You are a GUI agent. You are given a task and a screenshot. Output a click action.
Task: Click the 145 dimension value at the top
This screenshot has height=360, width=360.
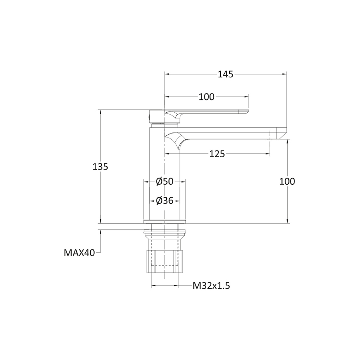(226, 74)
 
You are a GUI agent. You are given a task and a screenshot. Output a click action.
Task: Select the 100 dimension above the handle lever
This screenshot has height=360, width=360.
(206, 97)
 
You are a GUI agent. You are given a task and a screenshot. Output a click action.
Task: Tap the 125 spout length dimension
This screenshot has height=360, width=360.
(217, 154)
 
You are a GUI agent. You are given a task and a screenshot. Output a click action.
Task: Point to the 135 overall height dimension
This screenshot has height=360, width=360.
(100, 167)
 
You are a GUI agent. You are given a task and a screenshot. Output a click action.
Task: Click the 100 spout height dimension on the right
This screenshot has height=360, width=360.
(287, 181)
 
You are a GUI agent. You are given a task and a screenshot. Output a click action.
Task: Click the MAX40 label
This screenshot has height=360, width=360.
(79, 253)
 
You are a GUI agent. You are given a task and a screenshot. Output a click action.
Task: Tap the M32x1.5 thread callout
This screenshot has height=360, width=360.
(211, 286)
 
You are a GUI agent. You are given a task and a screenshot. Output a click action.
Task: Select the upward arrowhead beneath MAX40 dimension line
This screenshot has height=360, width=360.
(100, 232)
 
